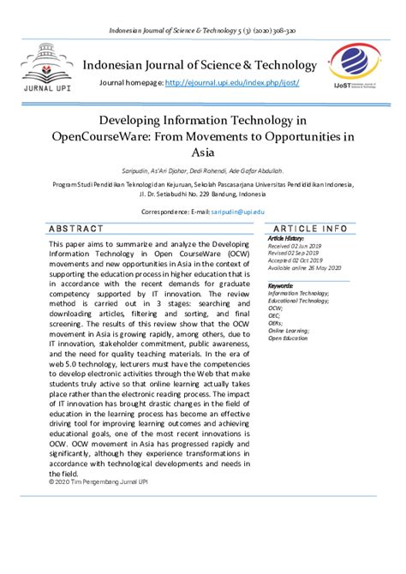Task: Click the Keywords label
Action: (x=281, y=285)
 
